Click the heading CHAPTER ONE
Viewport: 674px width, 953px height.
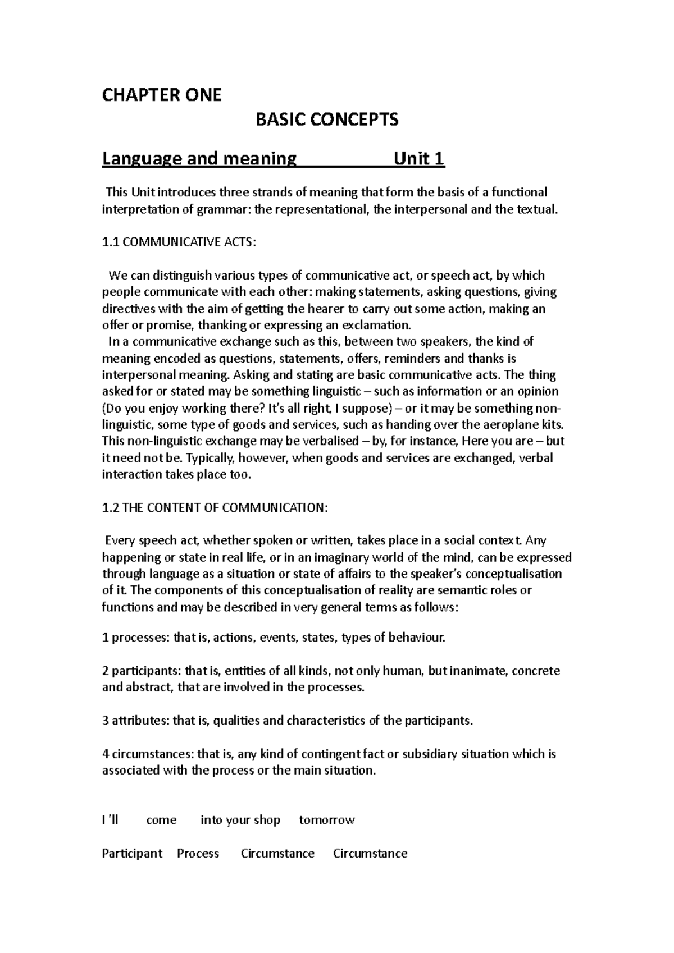pyautogui.click(x=161, y=95)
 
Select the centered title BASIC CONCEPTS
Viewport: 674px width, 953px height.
pyautogui.click(x=327, y=120)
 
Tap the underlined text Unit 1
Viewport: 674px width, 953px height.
pyautogui.click(x=419, y=159)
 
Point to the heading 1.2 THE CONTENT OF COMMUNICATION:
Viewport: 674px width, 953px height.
pyautogui.click(x=214, y=507)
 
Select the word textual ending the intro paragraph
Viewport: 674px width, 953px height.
pyautogui.click(x=537, y=210)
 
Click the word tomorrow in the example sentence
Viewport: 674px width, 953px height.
pyautogui.click(x=327, y=821)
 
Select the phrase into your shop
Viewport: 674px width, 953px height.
pyautogui.click(x=240, y=821)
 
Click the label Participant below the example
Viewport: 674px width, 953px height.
pyautogui.click(x=132, y=854)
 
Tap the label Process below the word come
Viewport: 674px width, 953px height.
pyautogui.click(x=198, y=854)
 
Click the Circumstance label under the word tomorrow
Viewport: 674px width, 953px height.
pyautogui.click(x=370, y=854)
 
